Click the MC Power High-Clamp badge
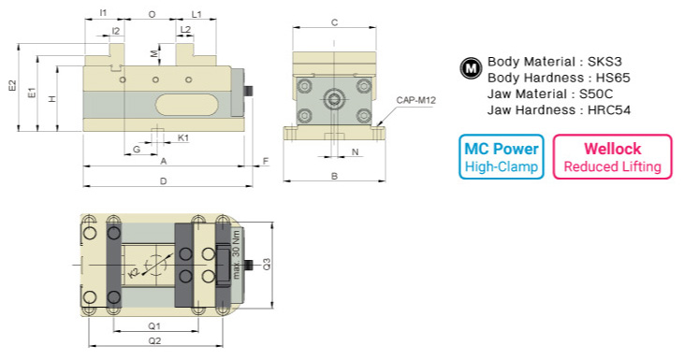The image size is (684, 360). [502, 157]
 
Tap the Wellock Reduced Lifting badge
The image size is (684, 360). [612, 157]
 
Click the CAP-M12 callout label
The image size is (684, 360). [416, 100]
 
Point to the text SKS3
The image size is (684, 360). [611, 61]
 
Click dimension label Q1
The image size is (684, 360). [154, 325]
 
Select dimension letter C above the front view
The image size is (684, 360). [334, 22]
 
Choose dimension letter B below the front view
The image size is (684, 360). [334, 176]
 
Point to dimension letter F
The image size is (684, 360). [265, 162]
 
